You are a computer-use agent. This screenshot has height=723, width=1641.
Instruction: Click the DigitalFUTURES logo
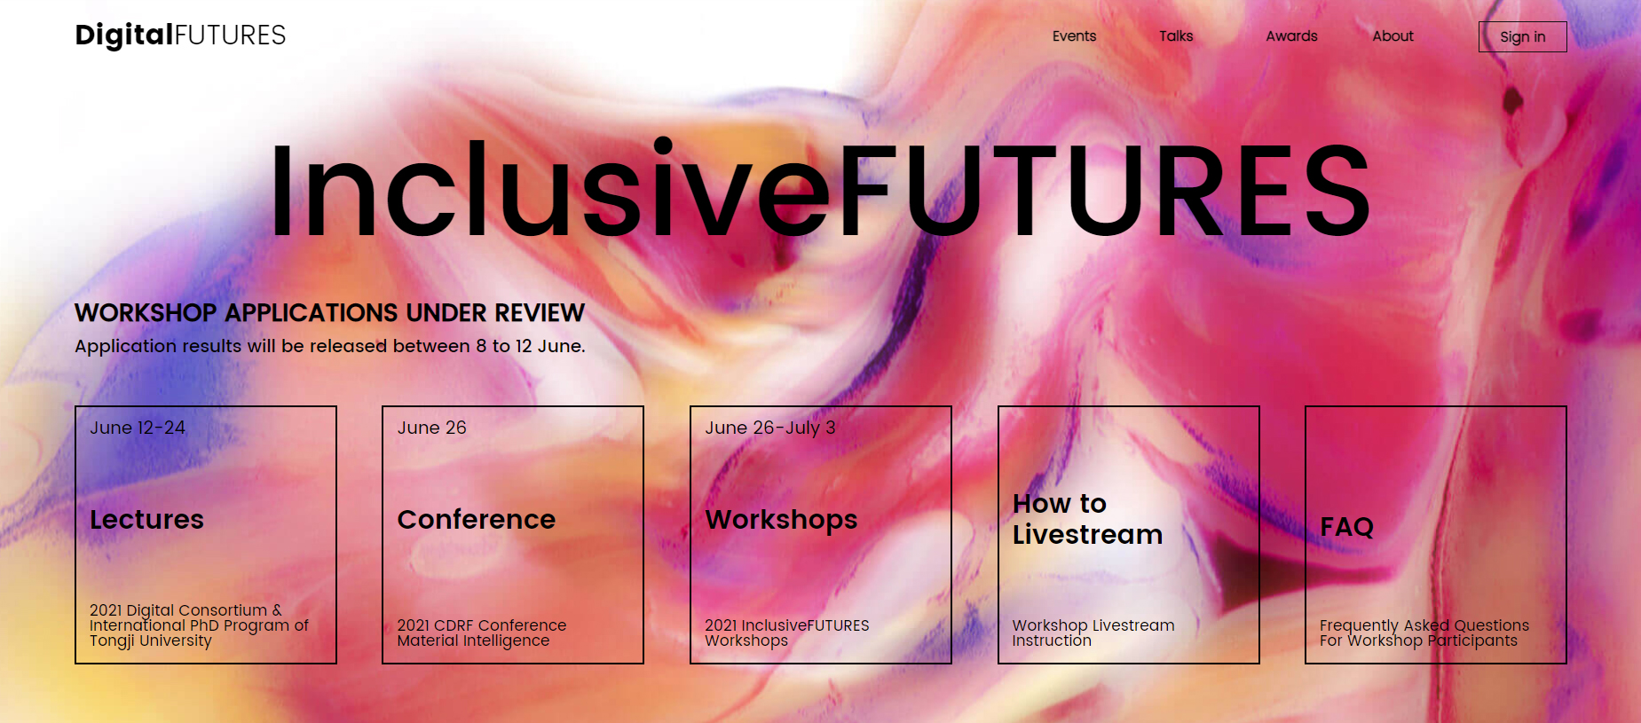(x=180, y=35)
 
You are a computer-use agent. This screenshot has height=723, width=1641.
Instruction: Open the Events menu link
(x=1074, y=36)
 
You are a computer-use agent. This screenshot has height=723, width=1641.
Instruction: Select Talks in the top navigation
(x=1176, y=36)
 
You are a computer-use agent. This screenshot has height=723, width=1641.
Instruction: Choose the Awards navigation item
(x=1291, y=36)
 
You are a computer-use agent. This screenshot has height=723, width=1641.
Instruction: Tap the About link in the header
(x=1392, y=36)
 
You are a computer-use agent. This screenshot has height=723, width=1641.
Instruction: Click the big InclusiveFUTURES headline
(x=819, y=189)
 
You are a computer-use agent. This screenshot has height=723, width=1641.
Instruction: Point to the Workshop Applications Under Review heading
(x=329, y=312)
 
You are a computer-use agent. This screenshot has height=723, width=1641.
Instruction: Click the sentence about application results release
(x=330, y=346)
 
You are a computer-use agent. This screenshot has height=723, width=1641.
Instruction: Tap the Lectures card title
(x=146, y=519)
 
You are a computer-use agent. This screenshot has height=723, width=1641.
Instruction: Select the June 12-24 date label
(x=138, y=428)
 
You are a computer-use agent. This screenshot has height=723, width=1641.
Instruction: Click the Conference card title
(x=477, y=519)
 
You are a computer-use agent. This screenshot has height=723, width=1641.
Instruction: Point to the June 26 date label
(x=432, y=428)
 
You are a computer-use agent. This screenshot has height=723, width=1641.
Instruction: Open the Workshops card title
(x=782, y=520)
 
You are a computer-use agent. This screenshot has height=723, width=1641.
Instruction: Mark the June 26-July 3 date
(x=770, y=428)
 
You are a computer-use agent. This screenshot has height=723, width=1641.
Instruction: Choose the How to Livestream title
(x=1087, y=519)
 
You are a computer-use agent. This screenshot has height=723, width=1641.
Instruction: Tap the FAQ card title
(x=1346, y=527)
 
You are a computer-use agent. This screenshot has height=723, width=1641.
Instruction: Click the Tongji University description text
(x=199, y=625)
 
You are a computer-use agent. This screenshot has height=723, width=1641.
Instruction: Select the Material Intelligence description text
(x=482, y=633)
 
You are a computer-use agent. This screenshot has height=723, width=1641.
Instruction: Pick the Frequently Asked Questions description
(x=1424, y=633)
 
